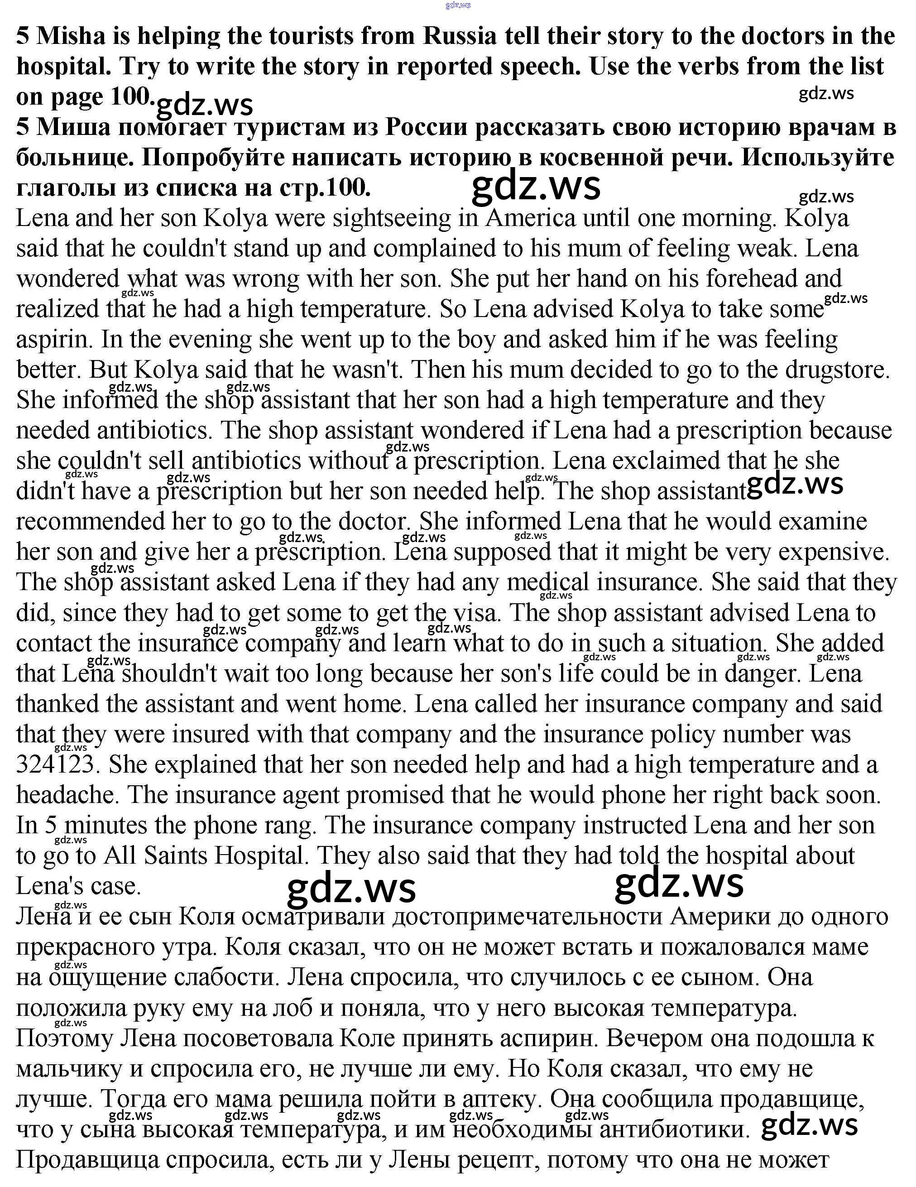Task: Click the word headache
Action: (66, 795)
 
